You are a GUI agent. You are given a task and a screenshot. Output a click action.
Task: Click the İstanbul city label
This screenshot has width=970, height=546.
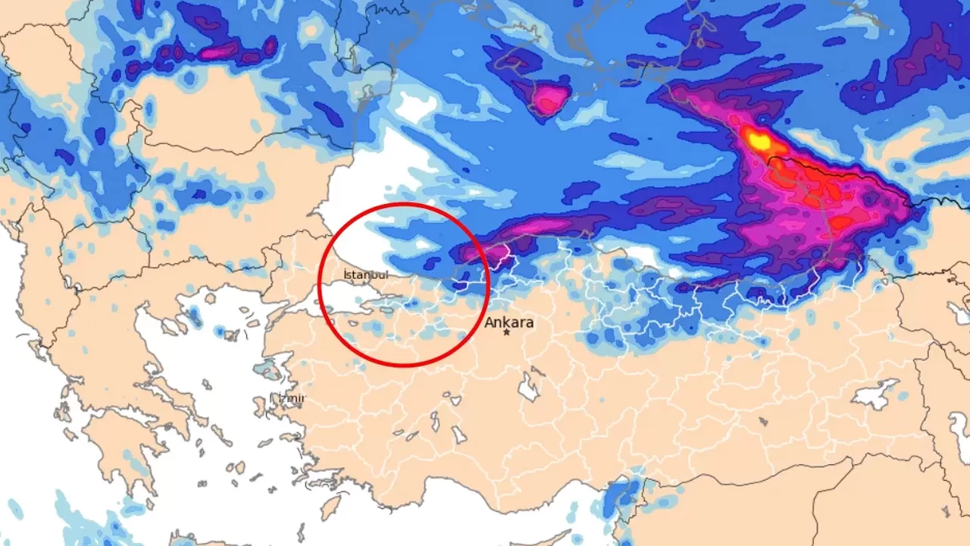coord(365,275)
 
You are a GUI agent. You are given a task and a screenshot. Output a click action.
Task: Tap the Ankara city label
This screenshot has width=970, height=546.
coord(509,322)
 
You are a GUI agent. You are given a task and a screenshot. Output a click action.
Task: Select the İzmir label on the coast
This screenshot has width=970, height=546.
coord(288,398)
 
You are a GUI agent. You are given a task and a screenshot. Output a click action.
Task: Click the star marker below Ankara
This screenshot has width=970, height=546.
coord(506,333)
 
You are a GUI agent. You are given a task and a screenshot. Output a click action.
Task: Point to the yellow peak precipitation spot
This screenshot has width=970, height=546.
coord(756,140)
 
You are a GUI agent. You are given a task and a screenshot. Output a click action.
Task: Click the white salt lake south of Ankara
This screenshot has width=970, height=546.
coord(528,387)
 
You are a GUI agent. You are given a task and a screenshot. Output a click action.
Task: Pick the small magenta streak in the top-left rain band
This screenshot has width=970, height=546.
coord(220,52)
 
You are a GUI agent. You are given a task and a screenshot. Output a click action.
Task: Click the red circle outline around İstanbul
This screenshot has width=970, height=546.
coord(403,204)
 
